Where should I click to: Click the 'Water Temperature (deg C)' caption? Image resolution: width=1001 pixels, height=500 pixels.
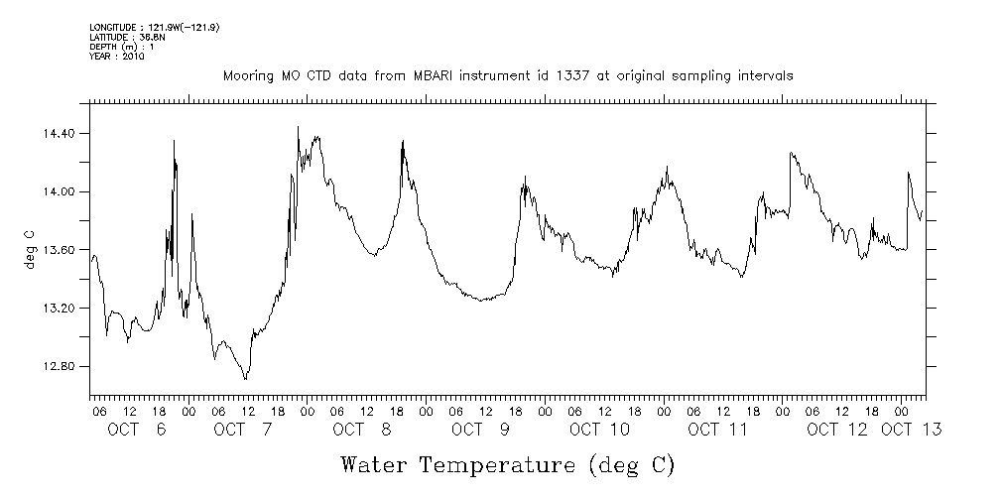(508, 464)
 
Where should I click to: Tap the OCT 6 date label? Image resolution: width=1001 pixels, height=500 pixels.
(138, 430)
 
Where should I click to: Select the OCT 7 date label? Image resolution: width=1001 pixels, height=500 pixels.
(242, 430)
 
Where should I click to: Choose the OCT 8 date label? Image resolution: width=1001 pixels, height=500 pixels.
(362, 430)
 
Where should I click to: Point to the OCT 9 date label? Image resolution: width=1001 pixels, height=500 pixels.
(480, 430)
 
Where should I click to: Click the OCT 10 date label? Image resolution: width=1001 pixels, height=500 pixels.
(599, 430)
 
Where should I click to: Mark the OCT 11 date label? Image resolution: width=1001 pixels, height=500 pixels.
(717, 430)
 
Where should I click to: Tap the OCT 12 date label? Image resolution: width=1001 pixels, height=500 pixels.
(836, 430)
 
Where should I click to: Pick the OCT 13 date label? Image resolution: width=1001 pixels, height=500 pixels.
(911, 430)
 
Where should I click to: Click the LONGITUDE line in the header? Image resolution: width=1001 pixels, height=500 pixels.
(154, 27)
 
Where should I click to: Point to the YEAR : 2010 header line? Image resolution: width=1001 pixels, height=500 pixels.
(117, 57)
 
